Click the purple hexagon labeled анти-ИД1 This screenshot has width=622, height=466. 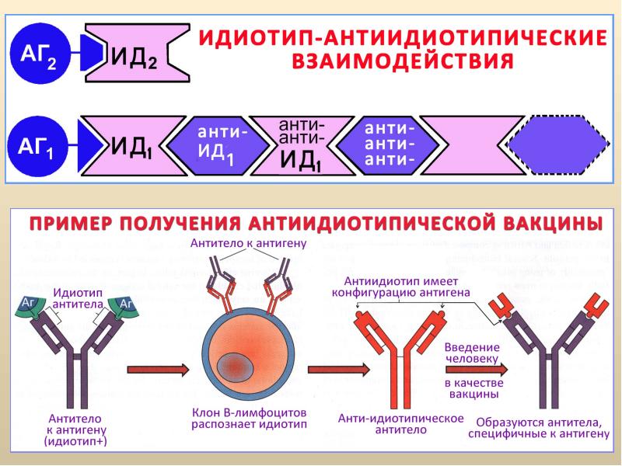point(222,147)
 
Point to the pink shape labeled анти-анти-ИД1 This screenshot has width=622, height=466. point(302,145)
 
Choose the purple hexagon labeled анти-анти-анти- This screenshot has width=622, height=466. point(389,145)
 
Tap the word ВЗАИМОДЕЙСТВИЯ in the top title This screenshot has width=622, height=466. point(403,62)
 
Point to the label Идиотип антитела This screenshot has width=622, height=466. point(78,299)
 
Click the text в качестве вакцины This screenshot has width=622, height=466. point(473,388)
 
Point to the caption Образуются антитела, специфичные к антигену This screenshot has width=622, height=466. point(543,426)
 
